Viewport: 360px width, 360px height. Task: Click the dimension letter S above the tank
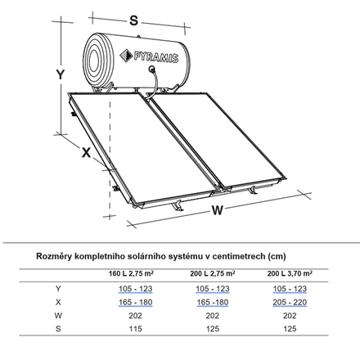(134, 20)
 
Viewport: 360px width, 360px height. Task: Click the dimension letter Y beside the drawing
(61, 74)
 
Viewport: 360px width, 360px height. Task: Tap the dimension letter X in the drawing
(87, 152)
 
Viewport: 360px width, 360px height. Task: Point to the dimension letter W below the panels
(218, 210)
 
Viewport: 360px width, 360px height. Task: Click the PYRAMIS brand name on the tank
(156, 57)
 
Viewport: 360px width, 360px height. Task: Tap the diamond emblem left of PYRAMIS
(126, 56)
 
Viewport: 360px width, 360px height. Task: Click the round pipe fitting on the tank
(152, 69)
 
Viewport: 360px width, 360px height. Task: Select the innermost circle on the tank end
(93, 61)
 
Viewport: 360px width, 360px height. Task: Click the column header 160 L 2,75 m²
(131, 273)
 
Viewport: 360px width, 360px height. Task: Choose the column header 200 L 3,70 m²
(290, 273)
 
